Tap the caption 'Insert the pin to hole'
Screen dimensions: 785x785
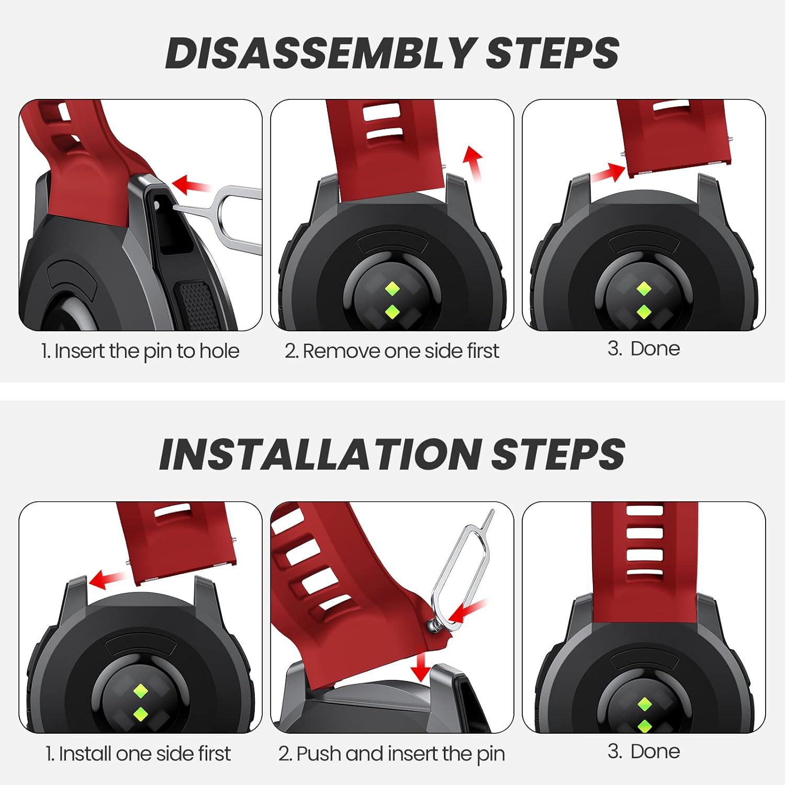[140, 351]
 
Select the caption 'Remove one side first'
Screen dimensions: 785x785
[392, 351]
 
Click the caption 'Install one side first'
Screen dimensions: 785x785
[138, 754]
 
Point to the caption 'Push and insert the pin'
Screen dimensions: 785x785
[391, 754]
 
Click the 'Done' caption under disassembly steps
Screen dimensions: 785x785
[644, 349]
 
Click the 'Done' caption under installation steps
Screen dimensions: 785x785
[644, 752]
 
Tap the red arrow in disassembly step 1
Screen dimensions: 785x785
[191, 185]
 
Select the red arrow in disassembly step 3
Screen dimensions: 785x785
[609, 173]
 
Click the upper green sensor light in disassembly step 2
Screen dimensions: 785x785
[392, 288]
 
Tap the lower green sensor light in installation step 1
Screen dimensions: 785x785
[140, 713]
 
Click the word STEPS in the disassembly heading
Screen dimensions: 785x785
[553, 53]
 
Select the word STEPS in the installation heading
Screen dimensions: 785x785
[558, 454]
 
